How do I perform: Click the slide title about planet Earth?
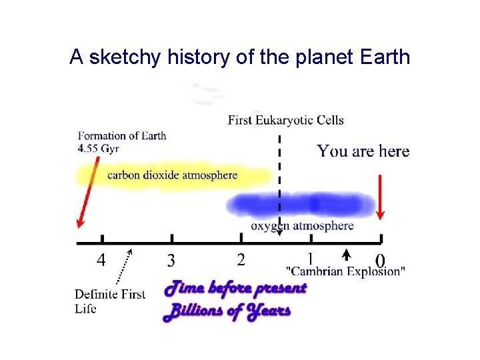pyautogui.click(x=239, y=57)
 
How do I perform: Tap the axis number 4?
pyautogui.click(x=101, y=259)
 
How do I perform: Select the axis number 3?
pyautogui.click(x=171, y=259)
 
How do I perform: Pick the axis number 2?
pyautogui.click(x=241, y=259)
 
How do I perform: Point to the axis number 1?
pyautogui.click(x=310, y=257)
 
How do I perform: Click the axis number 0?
pyautogui.click(x=380, y=259)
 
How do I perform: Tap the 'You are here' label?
pyautogui.click(x=363, y=151)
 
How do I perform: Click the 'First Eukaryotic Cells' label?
pyautogui.click(x=286, y=120)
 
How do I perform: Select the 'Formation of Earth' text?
pyautogui.click(x=122, y=135)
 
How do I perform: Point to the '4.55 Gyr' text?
pyautogui.click(x=98, y=148)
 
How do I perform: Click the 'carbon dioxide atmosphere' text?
pyautogui.click(x=173, y=175)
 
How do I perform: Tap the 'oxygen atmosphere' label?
pyautogui.click(x=302, y=226)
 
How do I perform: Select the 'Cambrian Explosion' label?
pyautogui.click(x=345, y=271)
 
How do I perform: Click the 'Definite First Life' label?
pyautogui.click(x=110, y=301)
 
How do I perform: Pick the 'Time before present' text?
pyautogui.click(x=236, y=289)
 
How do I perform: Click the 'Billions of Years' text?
pyautogui.click(x=227, y=311)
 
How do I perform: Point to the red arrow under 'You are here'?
pyautogui.click(x=380, y=197)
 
